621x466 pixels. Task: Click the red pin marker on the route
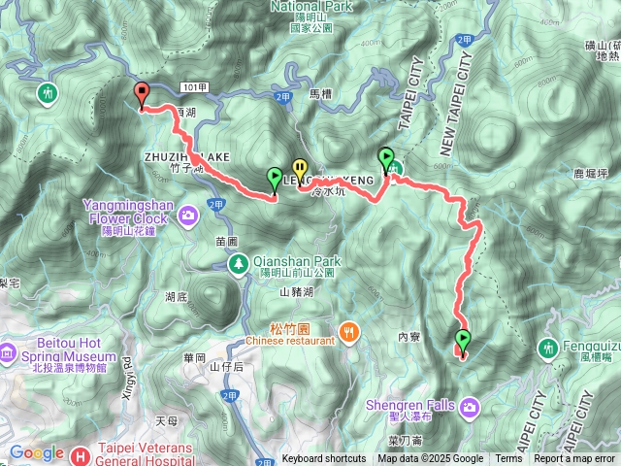pos(143,95)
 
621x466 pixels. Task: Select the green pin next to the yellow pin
pos(275,178)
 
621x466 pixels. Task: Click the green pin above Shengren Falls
pos(463,340)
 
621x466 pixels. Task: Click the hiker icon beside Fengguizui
pos(550,347)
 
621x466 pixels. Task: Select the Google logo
pos(36,453)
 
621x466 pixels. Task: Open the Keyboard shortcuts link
pos(324,459)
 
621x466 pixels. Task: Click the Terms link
pos(508,459)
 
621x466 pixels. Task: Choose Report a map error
pos(574,459)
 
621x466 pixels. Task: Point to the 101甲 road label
pos(194,87)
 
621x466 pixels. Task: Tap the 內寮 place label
pos(409,337)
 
